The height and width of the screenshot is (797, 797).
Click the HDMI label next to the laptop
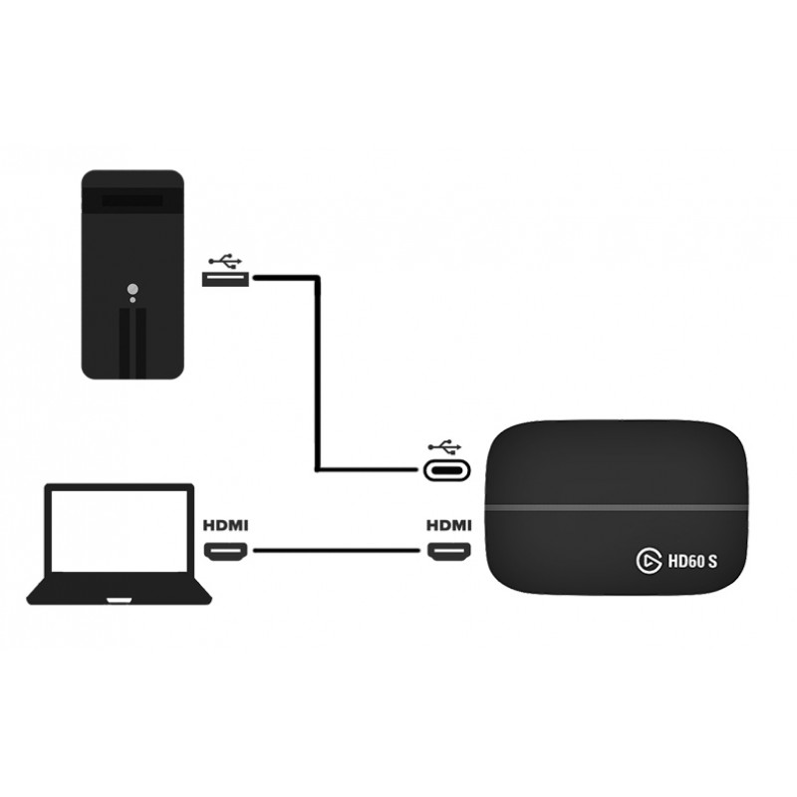(x=226, y=524)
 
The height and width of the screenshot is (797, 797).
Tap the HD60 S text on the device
(x=692, y=562)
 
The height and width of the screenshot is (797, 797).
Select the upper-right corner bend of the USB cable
(x=316, y=280)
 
